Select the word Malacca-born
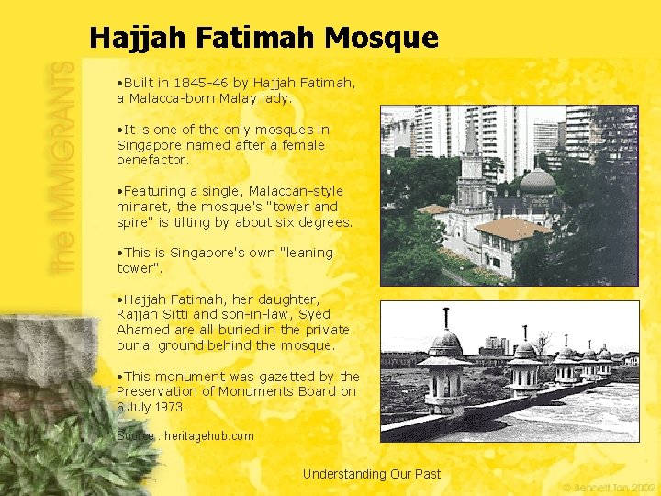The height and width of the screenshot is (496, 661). pos(168,97)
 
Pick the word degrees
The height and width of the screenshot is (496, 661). pos(322,222)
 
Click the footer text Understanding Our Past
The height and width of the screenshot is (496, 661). pos(372,474)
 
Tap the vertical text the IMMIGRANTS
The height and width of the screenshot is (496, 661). pos(63,166)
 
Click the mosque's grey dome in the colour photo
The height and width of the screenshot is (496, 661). pos(537,180)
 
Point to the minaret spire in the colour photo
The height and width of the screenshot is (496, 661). pos(472,138)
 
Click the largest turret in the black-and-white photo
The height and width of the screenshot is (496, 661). pos(445,367)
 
